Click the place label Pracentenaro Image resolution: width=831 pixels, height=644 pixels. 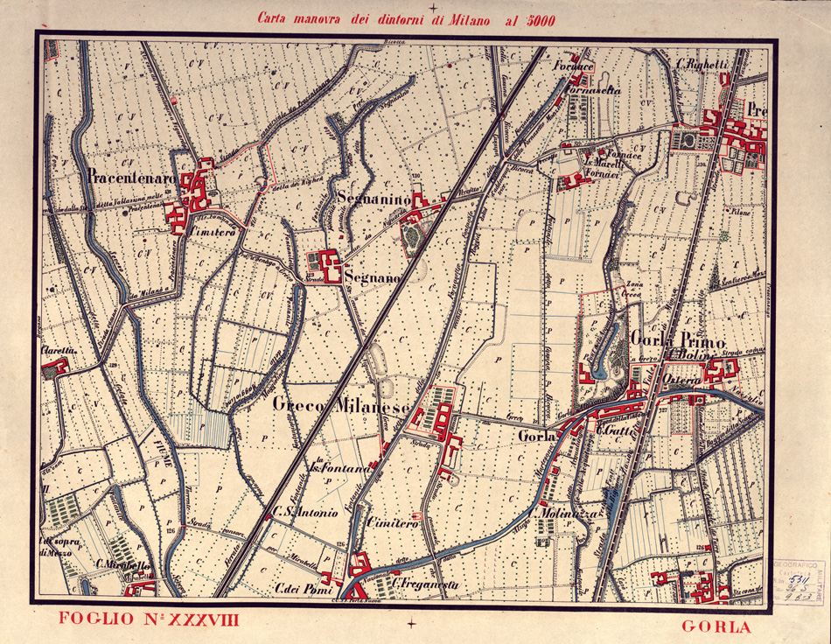[132, 178]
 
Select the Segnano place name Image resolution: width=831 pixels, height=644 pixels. [372, 277]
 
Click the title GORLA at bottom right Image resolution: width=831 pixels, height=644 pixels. [715, 626]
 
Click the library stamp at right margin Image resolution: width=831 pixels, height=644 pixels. [798, 584]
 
